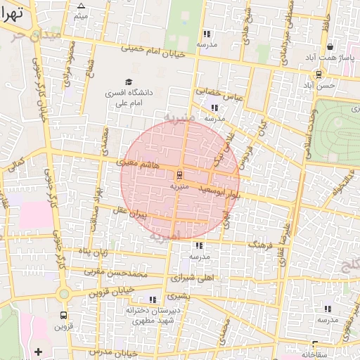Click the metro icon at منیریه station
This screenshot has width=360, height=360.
pos(180,174)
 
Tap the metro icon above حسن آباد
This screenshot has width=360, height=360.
pos(319,73)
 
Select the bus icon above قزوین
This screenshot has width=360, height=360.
pos(64,316)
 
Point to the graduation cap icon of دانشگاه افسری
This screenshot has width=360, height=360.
pos(128,82)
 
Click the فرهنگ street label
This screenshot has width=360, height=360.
pos(264,243)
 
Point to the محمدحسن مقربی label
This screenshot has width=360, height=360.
pos(114,271)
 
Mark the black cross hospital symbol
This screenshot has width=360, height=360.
pos(38,351)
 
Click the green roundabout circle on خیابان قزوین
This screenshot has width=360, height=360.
pos(64,293)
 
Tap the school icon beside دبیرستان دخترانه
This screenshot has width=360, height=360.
pos(153,300)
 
